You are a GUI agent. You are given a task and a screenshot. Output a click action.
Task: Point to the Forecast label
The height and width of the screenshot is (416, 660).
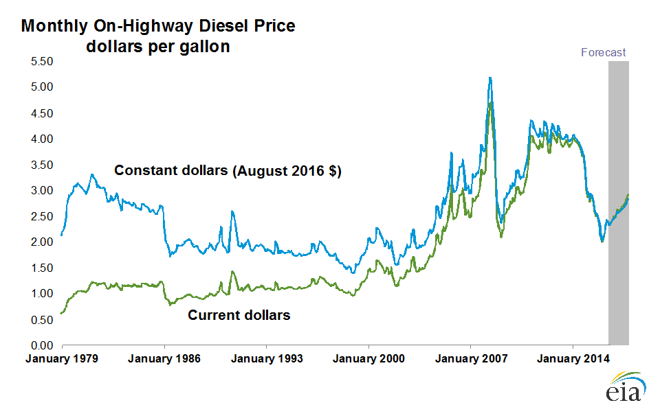tap(603, 53)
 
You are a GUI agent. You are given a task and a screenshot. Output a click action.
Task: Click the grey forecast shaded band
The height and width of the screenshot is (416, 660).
tap(618, 203)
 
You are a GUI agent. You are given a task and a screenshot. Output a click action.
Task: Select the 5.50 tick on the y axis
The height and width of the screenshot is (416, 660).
tap(42, 61)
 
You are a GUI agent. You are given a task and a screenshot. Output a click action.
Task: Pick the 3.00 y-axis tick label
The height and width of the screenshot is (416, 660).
tap(42, 190)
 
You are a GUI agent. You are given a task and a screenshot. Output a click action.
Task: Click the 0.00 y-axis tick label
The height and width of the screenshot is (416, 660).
tap(42, 345)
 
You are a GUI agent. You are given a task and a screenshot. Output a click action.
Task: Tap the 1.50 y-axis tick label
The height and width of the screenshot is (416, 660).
tap(42, 268)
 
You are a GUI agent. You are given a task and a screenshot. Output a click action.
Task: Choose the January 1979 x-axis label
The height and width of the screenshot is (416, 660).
tap(62, 359)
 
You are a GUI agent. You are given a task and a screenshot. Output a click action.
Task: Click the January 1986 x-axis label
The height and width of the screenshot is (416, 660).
tap(164, 359)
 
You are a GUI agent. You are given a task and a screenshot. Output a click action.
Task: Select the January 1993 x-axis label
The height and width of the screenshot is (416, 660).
tap(267, 359)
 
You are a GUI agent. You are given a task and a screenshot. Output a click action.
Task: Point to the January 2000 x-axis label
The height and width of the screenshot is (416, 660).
tap(368, 359)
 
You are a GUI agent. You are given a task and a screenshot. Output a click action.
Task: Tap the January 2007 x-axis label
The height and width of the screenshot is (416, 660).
tap(471, 359)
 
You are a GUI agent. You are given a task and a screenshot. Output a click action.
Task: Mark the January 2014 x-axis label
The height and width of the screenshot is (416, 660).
tap(573, 359)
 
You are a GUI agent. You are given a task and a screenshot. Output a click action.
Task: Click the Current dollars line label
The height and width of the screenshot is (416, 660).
tap(239, 315)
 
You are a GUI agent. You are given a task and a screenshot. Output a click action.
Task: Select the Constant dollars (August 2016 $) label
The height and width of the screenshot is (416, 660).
tap(228, 171)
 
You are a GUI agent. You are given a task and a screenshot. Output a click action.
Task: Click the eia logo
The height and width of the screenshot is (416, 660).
tap(626, 386)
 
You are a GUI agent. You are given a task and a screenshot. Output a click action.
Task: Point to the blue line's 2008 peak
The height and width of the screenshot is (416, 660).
tap(490, 78)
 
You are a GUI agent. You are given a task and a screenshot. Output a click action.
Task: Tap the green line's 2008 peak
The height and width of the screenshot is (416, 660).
tap(491, 102)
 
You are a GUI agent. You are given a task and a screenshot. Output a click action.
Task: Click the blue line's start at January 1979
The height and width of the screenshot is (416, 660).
tap(61, 235)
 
